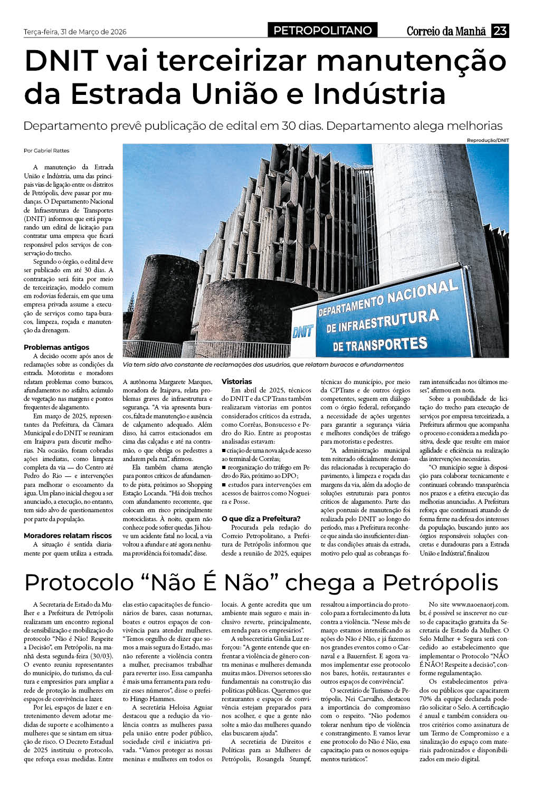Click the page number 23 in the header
click(500, 31)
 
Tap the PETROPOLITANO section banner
click(323, 31)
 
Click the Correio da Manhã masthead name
click(446, 32)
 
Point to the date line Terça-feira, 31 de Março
click(75, 32)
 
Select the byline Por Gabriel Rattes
click(46, 150)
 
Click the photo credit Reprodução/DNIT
click(488, 140)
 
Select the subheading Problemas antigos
click(56, 347)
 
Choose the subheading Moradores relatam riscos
click(68, 535)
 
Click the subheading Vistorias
click(237, 381)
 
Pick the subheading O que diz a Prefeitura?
click(261, 519)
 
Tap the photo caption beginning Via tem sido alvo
click(263, 365)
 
